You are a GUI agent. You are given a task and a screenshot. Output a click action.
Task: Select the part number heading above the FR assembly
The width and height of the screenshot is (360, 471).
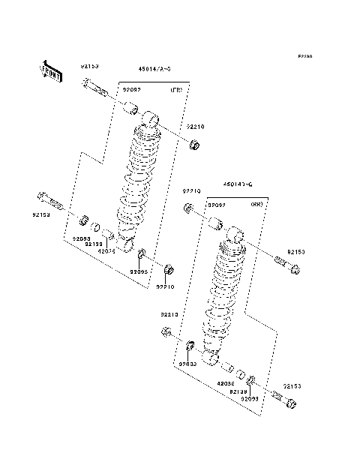tap(154, 69)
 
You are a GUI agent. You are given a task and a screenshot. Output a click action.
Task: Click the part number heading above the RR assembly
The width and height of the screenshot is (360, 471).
tap(236, 184)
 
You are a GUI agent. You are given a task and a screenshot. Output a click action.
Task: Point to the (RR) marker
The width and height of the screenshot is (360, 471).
tap(256, 204)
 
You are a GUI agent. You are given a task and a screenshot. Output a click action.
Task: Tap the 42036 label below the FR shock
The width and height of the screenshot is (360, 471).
tap(107, 251)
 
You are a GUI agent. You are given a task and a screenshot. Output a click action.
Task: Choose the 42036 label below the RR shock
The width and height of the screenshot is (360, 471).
tap(226, 383)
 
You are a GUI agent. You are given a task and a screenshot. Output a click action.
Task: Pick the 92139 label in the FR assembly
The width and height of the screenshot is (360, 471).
tap(93, 244)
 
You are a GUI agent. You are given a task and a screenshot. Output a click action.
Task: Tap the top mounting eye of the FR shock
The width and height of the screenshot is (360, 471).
tap(153, 118)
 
